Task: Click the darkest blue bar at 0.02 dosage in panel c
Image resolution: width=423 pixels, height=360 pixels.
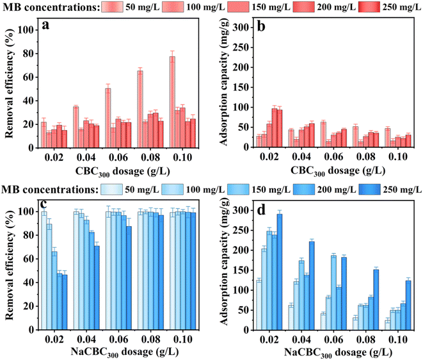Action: click(65, 302)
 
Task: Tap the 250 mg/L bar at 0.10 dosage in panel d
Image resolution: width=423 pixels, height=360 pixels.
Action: click(407, 305)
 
